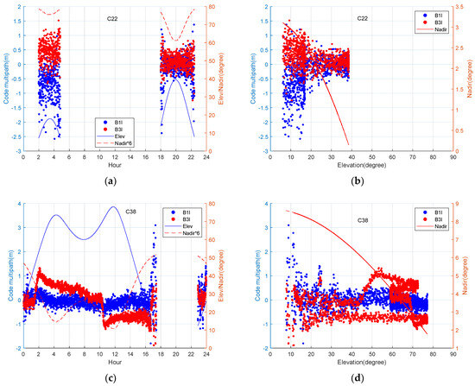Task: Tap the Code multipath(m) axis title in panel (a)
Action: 8,79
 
